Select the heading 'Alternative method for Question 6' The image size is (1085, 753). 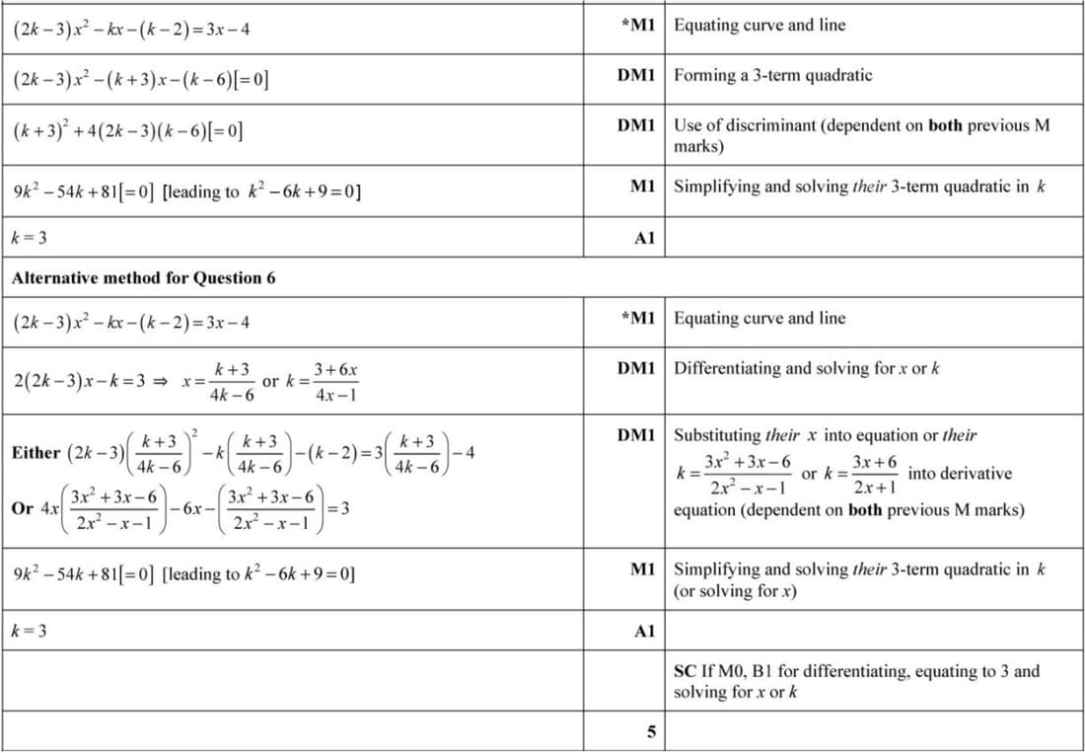(143, 277)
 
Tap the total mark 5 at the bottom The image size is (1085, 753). (651, 732)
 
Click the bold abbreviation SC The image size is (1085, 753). (685, 671)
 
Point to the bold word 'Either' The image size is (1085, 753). (36, 453)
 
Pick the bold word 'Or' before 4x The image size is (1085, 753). (22, 508)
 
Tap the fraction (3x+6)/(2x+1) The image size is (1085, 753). (874, 474)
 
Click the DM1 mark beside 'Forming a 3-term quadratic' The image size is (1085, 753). (636, 75)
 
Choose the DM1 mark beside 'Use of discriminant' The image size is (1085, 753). (636, 125)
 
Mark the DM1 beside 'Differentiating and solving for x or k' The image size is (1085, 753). (636, 368)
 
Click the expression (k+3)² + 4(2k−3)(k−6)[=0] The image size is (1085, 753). (128, 129)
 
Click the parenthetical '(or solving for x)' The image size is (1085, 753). (735, 591)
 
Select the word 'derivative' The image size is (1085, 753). (960, 474)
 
